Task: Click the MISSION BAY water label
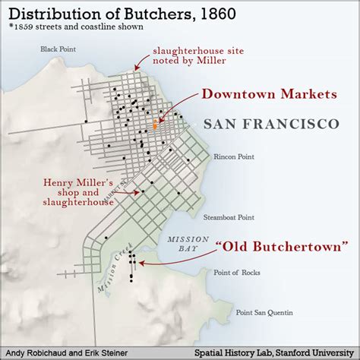click(x=182, y=243)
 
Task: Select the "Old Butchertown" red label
click(x=282, y=247)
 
